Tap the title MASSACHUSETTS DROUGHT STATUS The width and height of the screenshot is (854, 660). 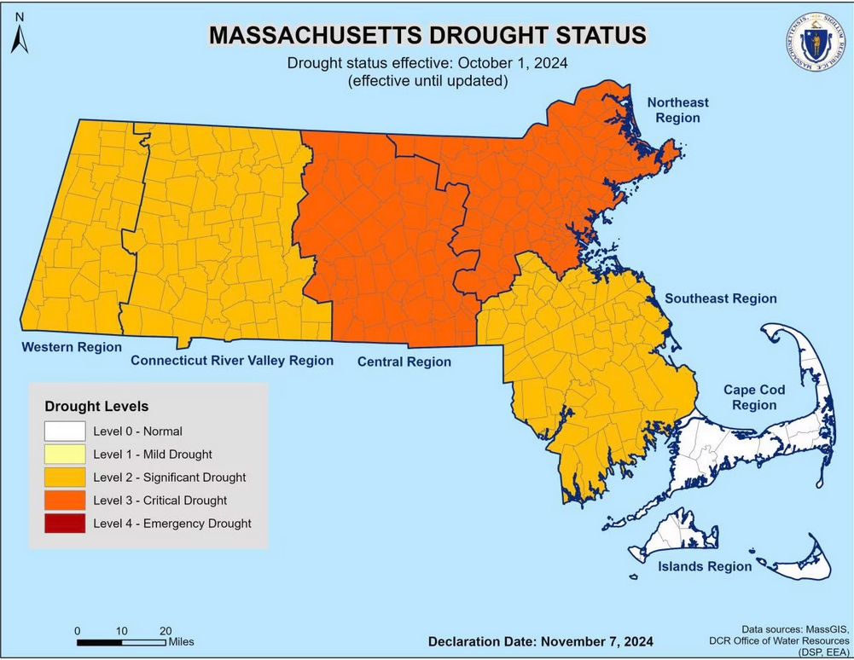tap(427, 35)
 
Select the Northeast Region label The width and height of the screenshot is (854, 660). tap(677, 110)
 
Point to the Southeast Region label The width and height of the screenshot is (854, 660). tap(721, 298)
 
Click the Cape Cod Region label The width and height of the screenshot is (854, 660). tap(753, 397)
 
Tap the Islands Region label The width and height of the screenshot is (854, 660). tap(704, 566)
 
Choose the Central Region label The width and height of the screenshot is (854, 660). tap(404, 362)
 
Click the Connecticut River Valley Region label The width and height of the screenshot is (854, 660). tap(232, 361)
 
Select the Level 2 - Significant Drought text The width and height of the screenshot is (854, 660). tap(170, 478)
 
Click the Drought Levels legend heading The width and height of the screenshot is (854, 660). tap(96, 406)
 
